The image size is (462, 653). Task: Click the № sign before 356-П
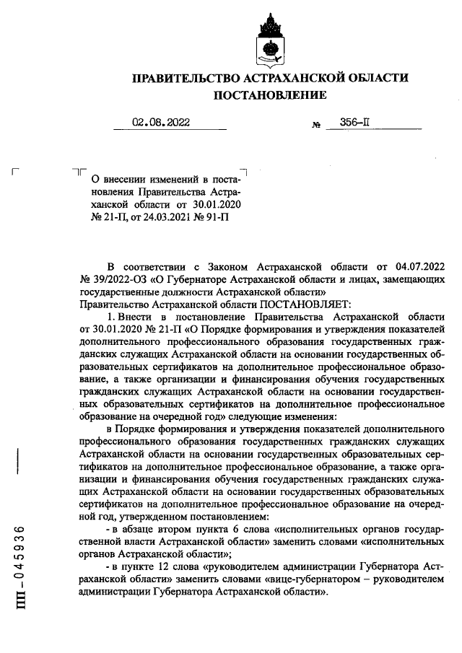315,126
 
